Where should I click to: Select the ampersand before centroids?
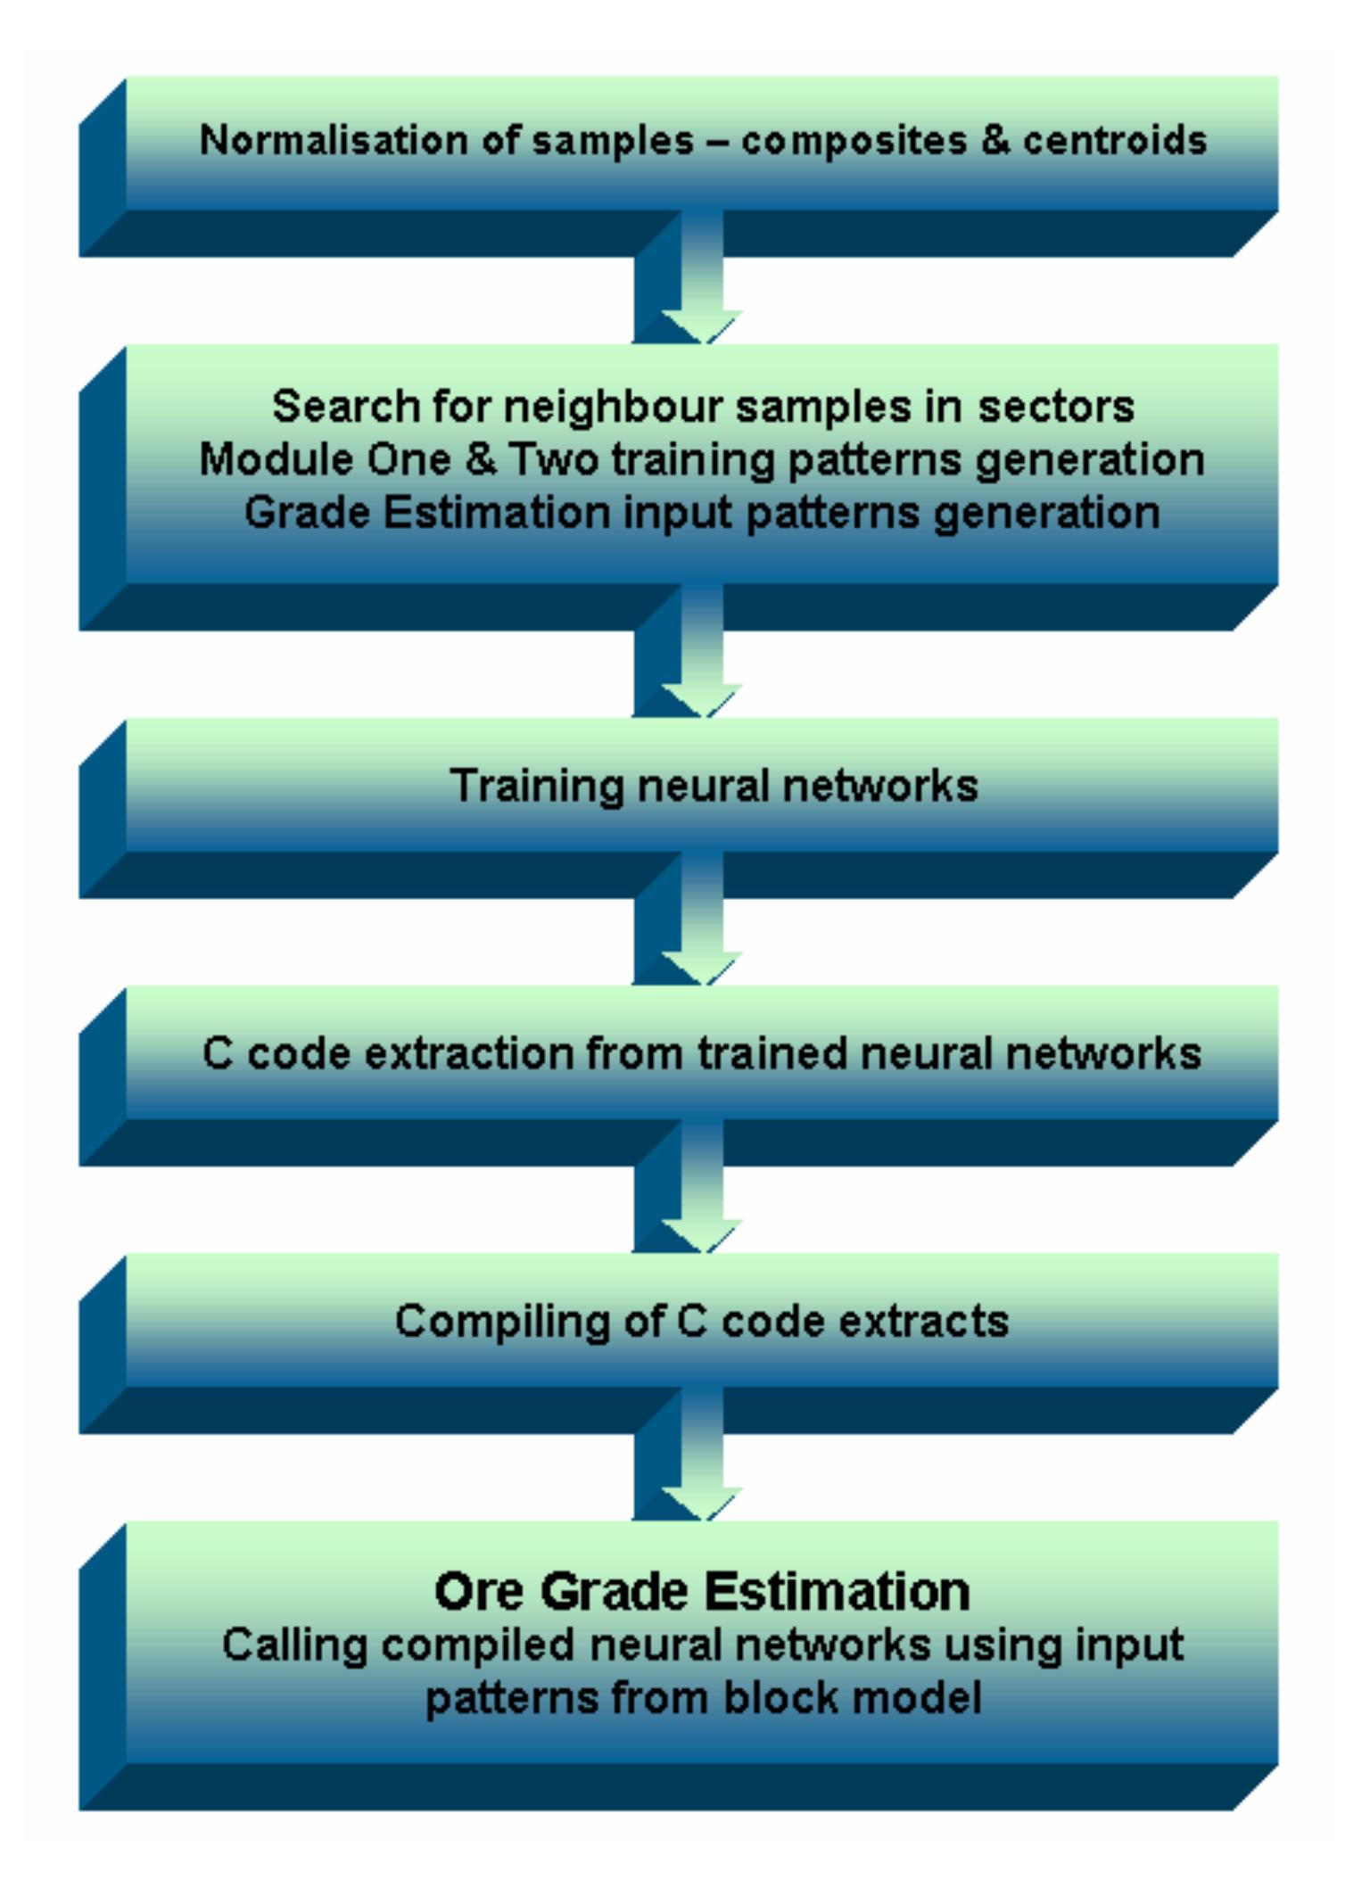995,141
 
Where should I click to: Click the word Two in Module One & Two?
553,460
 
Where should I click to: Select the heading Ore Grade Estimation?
702,1591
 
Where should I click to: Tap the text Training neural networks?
714,786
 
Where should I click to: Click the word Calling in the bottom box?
294,1645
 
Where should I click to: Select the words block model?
852,1698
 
